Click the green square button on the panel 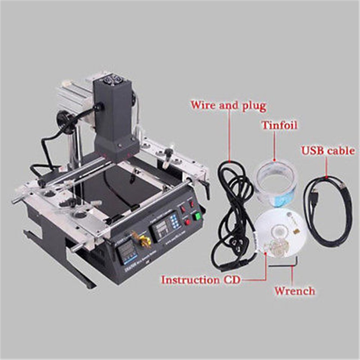pos(196,216)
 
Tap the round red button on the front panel pos(187,222)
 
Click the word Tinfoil pos(279,125)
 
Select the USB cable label pos(328,151)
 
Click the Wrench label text pos(294,291)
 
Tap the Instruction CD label pos(200,280)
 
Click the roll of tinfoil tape pos(276,184)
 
